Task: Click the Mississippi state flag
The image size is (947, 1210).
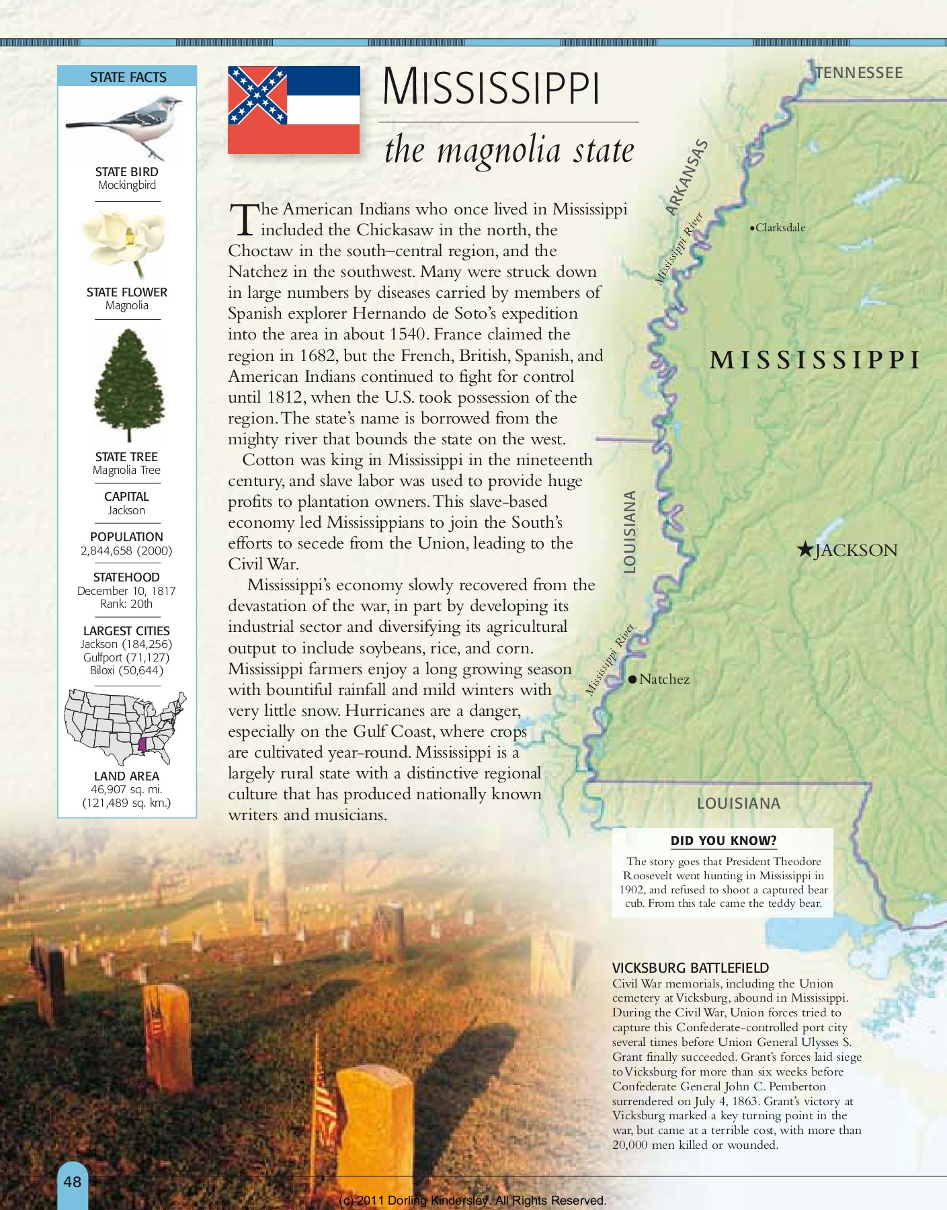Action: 294,110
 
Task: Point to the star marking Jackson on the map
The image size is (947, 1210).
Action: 805,550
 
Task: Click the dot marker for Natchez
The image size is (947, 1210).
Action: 632,680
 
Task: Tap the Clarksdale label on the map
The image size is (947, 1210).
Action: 780,228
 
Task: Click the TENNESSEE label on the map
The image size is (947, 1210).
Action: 859,73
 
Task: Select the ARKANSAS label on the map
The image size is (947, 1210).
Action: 686,177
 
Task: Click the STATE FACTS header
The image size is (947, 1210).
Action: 128,77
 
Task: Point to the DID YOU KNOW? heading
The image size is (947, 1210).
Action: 723,841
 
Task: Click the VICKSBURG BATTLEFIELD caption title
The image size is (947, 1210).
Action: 690,968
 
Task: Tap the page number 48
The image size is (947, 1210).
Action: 73,1181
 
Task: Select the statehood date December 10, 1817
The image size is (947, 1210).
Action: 126,591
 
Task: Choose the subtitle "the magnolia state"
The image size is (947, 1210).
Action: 509,151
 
